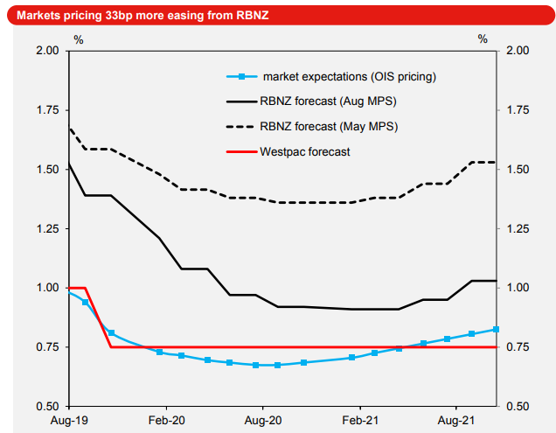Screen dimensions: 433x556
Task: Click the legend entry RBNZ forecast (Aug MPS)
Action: [328, 101]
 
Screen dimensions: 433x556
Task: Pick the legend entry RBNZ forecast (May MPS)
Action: [328, 127]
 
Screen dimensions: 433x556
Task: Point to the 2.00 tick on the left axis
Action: [46, 51]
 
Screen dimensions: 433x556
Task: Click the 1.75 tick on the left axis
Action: [46, 110]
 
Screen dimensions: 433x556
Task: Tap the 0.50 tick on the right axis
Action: [518, 407]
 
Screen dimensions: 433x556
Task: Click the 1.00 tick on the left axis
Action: [46, 288]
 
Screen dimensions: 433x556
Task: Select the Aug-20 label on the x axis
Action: [263, 420]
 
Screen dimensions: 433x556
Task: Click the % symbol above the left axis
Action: [78, 39]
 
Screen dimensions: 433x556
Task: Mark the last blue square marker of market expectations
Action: [497, 329]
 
